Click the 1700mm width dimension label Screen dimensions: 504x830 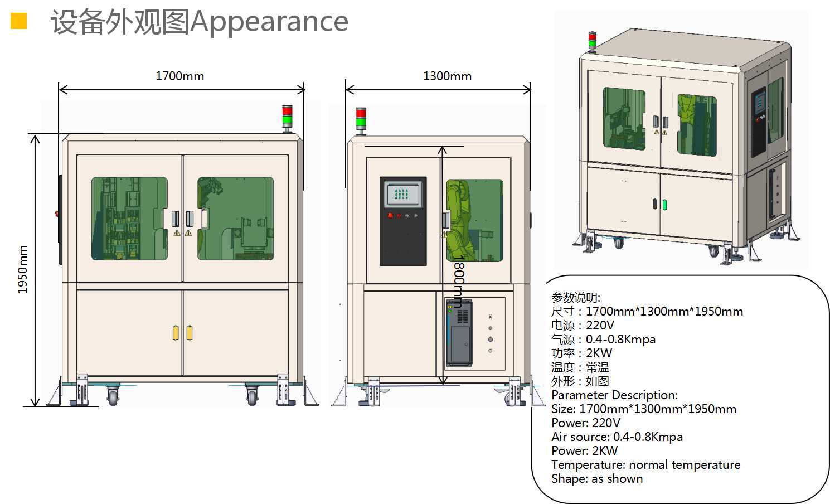179,76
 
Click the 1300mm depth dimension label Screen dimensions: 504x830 447,76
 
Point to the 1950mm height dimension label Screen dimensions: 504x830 22,270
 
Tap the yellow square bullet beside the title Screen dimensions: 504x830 18,21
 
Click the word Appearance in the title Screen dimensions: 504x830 269,22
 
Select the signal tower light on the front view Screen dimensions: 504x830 287,118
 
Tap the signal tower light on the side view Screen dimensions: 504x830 361,120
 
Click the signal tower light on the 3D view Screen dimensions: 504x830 592,42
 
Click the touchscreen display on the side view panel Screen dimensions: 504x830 402,195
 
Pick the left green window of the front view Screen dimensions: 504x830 129,219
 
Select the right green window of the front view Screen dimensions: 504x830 236,219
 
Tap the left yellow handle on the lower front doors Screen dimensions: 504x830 176,333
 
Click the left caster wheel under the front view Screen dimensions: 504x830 113,396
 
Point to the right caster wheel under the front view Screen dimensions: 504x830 252,396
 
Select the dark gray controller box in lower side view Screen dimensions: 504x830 459,333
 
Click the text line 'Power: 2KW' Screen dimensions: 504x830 584,450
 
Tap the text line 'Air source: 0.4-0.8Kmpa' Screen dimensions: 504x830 617,437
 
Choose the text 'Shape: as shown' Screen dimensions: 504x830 596,478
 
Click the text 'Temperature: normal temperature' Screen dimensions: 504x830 645,464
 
